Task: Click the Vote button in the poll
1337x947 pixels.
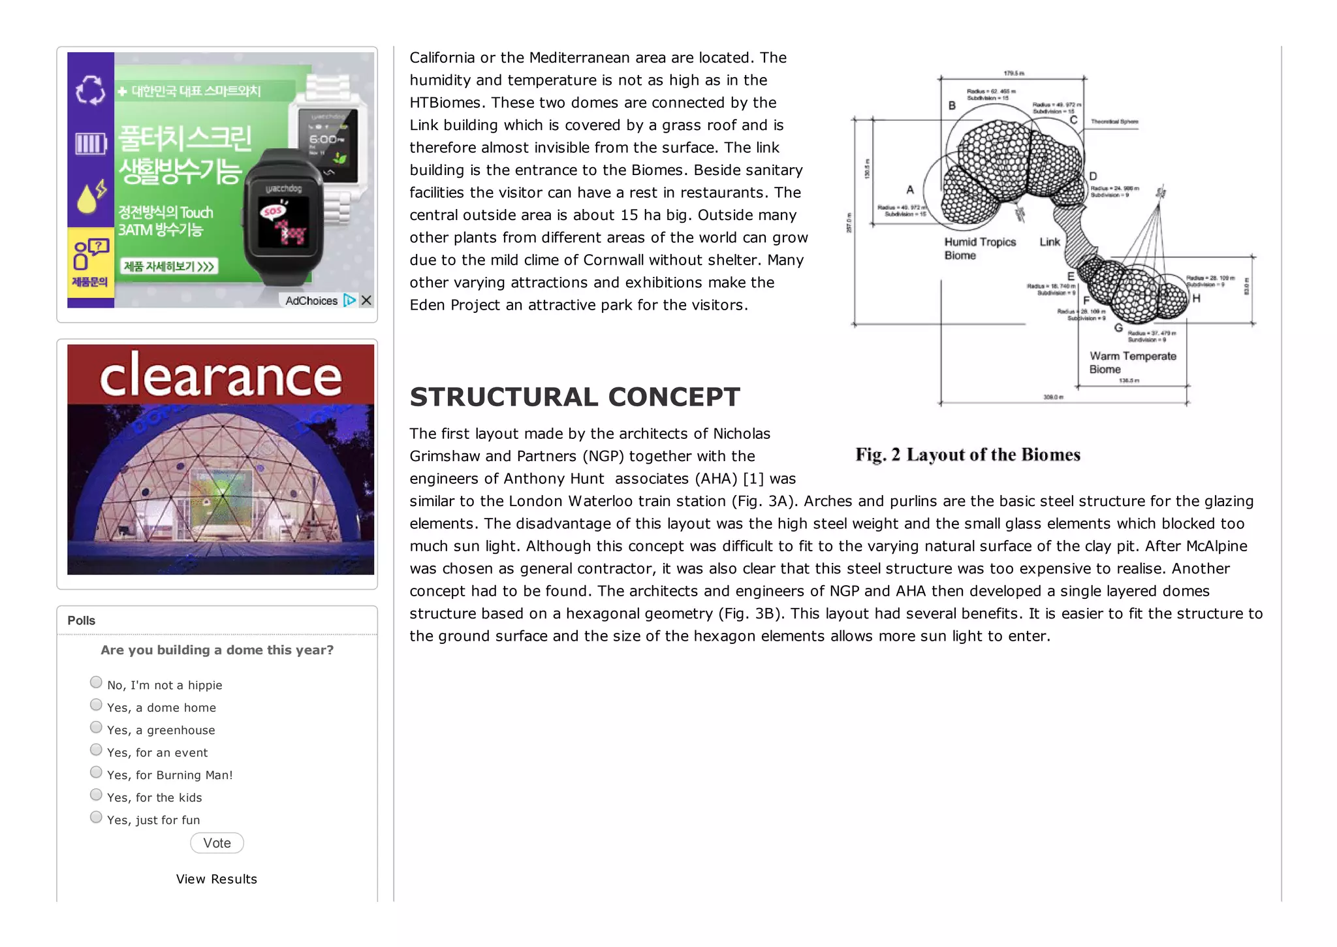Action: coord(217,843)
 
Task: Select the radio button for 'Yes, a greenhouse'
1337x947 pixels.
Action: coord(96,728)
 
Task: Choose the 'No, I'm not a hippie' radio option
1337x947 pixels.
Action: coord(96,682)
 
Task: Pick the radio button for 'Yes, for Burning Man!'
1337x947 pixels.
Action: coord(96,773)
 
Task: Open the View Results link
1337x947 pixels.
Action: coord(216,879)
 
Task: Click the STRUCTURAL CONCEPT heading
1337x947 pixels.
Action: coord(574,397)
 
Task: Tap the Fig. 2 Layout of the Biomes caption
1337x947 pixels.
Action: coord(967,455)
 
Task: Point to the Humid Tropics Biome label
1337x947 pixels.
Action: coord(979,248)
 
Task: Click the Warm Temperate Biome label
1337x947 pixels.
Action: coord(1132,362)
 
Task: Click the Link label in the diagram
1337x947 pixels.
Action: coord(1050,242)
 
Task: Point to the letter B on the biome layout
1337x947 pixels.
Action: coord(952,106)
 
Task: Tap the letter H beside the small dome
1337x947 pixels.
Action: coord(1196,298)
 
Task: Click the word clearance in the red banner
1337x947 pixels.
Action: coord(221,376)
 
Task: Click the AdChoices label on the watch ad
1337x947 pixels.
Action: coord(311,300)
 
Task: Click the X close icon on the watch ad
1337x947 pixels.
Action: coord(366,300)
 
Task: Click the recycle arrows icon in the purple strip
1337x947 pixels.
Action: coord(90,90)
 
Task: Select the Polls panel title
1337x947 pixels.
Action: coord(82,620)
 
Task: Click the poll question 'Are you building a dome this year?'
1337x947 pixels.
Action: coord(217,650)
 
